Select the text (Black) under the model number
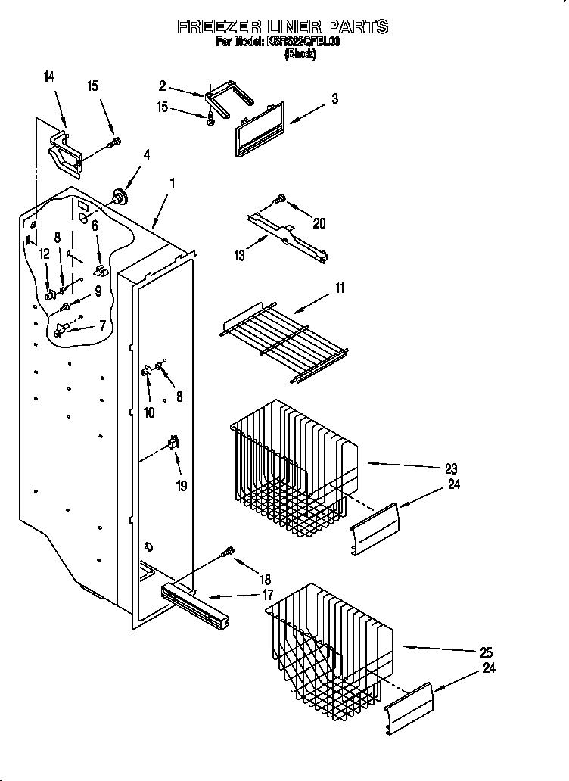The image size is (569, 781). point(300,54)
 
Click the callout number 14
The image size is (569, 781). point(49,76)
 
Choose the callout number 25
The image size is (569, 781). point(486,652)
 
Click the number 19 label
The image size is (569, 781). point(181,486)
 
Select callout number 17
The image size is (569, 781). point(267,595)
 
